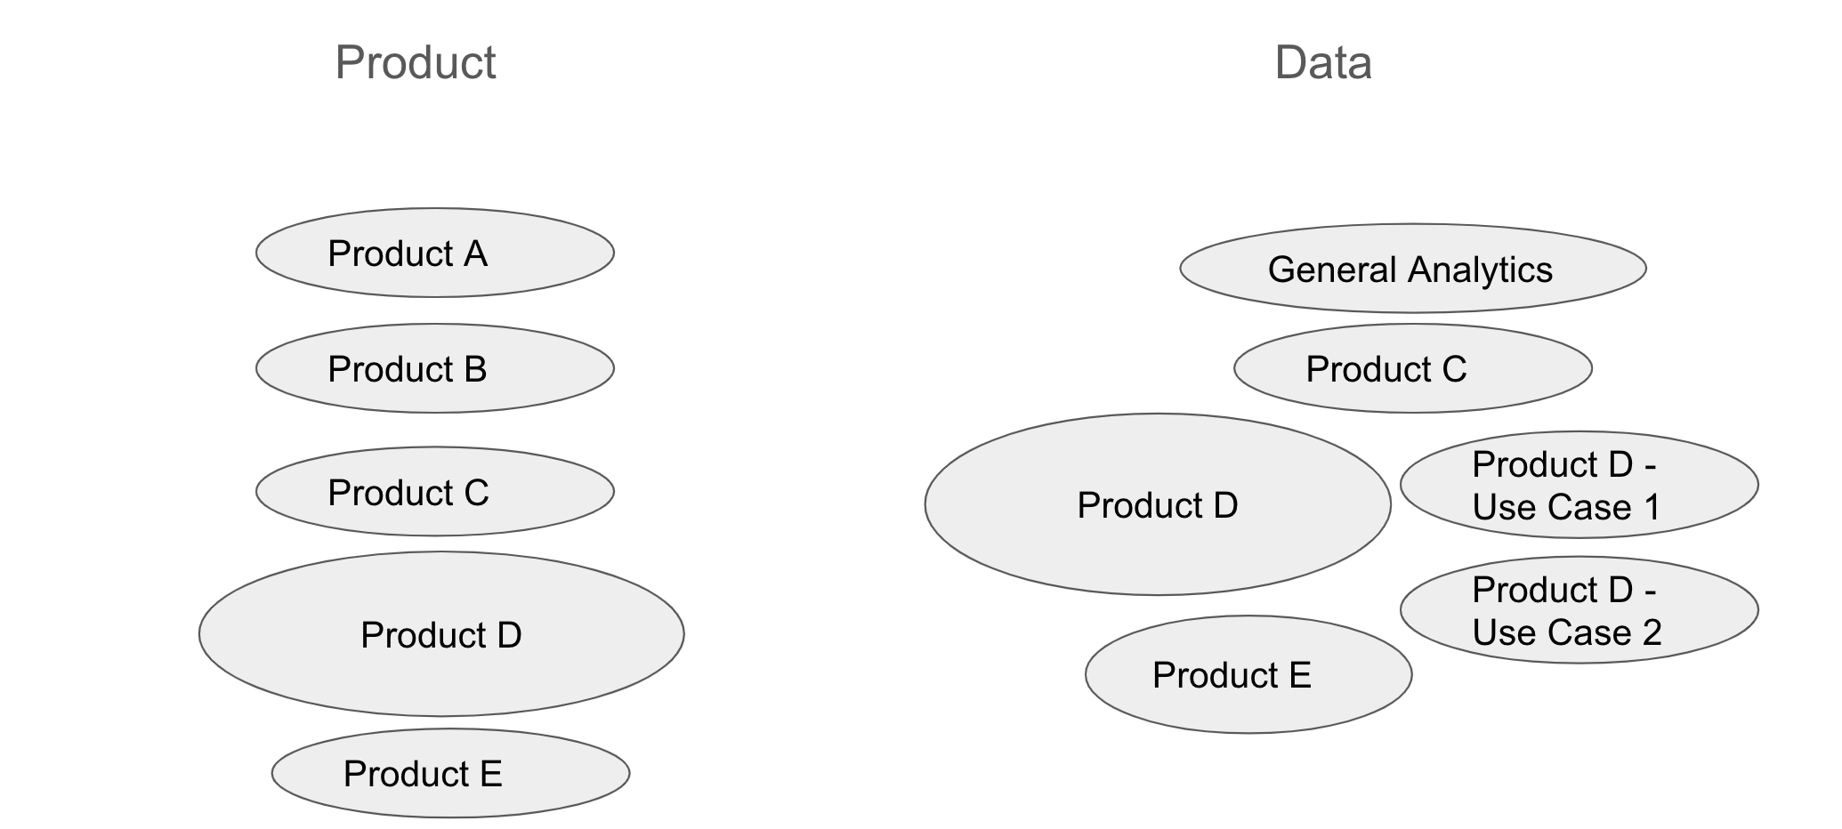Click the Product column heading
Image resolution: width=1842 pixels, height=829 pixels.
click(416, 62)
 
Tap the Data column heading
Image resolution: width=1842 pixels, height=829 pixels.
click(1323, 62)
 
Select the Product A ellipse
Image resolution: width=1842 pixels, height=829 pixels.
click(435, 253)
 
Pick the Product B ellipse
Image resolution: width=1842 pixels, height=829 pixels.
click(435, 368)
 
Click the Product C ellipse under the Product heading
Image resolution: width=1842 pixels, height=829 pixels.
click(435, 491)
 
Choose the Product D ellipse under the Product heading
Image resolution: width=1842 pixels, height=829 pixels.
click(441, 634)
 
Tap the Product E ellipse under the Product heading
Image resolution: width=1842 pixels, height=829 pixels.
click(451, 773)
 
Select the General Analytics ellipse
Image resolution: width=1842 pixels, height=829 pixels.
click(1413, 268)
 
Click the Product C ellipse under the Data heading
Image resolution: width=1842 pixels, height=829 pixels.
click(1413, 368)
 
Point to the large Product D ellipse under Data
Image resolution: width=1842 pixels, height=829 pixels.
click(1158, 504)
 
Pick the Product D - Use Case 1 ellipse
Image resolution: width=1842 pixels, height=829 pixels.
click(1579, 485)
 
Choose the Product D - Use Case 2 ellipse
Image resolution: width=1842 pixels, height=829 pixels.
click(1579, 610)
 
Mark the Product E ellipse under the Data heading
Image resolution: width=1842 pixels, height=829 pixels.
click(1248, 674)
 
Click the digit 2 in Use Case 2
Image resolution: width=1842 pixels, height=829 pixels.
click(1652, 632)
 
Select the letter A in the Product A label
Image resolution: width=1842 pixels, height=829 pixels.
click(475, 254)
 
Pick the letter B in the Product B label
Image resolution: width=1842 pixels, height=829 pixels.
click(475, 370)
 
